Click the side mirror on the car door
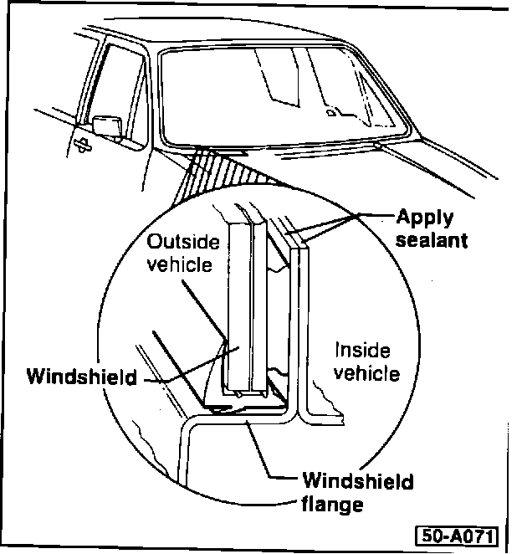click(x=106, y=124)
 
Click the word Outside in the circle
click(x=183, y=243)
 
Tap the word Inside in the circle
click(x=362, y=351)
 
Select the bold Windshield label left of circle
click(x=81, y=376)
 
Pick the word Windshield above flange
click(x=358, y=483)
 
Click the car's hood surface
click(x=435, y=167)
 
